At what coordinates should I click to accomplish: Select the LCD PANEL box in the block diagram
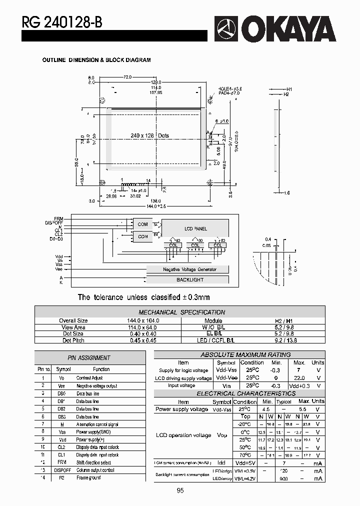[195, 228]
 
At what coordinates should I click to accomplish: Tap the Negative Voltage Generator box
[189, 269]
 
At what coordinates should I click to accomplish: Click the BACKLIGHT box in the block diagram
[189, 280]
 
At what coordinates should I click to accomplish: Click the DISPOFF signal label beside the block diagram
[54, 222]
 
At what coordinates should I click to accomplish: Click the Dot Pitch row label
[73, 340]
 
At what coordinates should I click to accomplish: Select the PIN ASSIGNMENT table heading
[89, 357]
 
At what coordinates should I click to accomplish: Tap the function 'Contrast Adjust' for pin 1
[89, 378]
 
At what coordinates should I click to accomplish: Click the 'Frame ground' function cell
[88, 477]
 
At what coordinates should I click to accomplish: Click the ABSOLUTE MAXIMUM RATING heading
[238, 354]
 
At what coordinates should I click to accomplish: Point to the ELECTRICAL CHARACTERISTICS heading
[238, 393]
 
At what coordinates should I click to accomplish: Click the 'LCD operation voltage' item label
[183, 435]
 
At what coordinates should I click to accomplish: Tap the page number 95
[180, 490]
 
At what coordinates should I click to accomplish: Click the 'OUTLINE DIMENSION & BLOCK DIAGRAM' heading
[96, 60]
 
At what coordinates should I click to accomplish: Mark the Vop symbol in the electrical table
[222, 435]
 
